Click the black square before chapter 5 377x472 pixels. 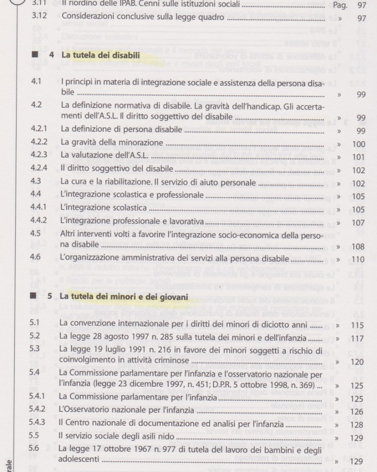[35, 297]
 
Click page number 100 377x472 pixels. [358, 144]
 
